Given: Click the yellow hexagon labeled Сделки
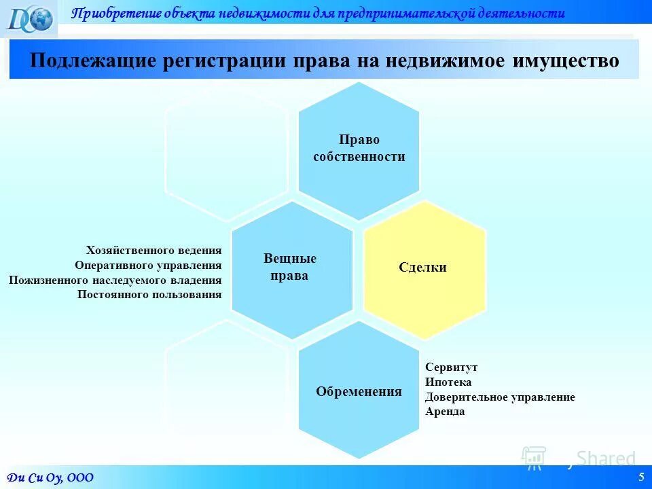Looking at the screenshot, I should click(424, 268).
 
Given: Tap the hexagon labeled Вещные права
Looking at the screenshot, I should click(291, 269).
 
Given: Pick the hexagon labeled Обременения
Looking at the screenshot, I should click(359, 391).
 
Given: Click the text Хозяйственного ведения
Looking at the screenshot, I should click(153, 250).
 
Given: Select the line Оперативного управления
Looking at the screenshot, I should click(148, 265).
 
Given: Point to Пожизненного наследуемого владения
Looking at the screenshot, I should click(115, 280).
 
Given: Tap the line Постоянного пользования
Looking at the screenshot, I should click(149, 295).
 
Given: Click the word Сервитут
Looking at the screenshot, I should click(451, 367).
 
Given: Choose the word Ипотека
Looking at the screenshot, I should click(448, 382).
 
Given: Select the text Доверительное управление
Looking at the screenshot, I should click(500, 397).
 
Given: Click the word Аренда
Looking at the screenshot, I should click(445, 412).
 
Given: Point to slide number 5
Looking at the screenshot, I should click(641, 477).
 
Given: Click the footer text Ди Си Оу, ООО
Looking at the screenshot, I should click(50, 477).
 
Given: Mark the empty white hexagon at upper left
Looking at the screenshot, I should click(225, 151).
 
